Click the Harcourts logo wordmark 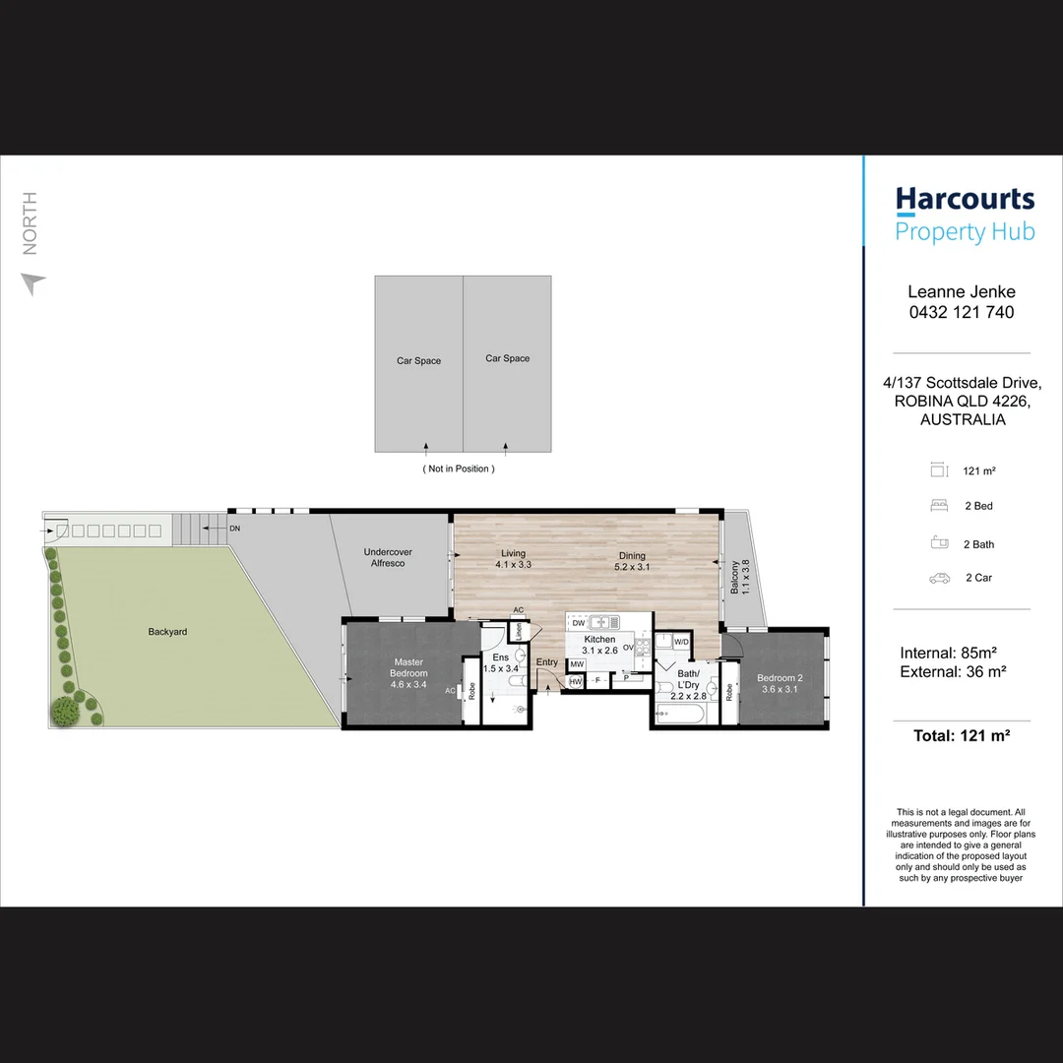965,200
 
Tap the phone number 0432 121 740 960,312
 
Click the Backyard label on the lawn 167,632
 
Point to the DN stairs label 234,529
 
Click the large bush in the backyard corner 65,711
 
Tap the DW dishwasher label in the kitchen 579,623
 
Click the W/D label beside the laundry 682,642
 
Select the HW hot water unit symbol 576,681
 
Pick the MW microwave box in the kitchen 577,664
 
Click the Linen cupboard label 517,632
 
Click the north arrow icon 33,284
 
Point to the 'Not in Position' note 458,469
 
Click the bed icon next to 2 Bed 938,506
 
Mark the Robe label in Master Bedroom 472,692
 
